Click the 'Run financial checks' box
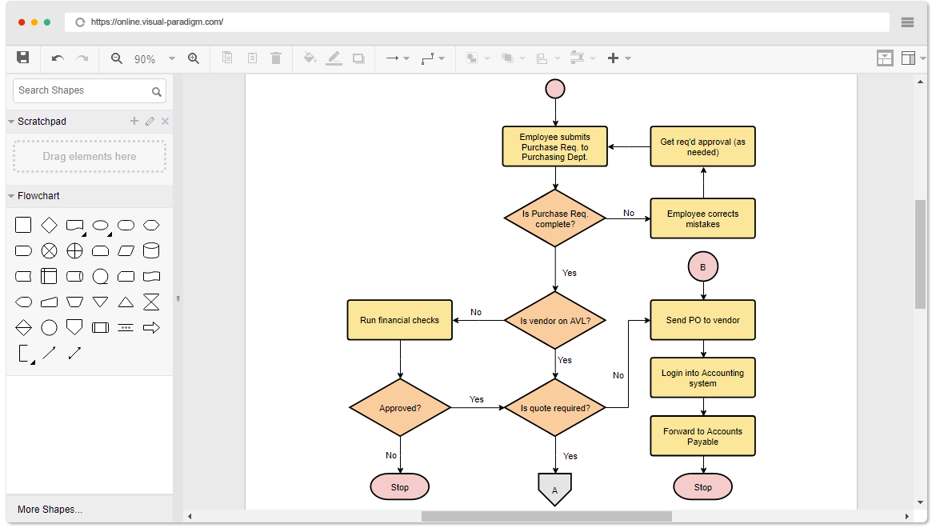tap(399, 320)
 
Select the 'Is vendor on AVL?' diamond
tap(555, 320)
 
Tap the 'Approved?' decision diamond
tap(400, 408)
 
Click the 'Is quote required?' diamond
tap(555, 408)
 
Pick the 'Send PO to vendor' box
tap(702, 320)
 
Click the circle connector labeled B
tap(702, 267)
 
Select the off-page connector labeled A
tap(554, 489)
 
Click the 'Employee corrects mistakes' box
tap(702, 218)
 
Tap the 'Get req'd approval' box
tap(702, 146)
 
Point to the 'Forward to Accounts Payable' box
tap(702, 436)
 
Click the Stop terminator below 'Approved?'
tap(400, 486)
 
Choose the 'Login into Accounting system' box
tap(702, 378)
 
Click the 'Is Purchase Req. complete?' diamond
tap(555, 218)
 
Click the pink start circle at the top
tap(555, 89)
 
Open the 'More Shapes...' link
tap(50, 510)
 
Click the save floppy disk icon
tap(23, 58)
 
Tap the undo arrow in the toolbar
tap(58, 58)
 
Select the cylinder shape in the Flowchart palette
tap(150, 250)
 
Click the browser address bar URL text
tap(157, 22)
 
